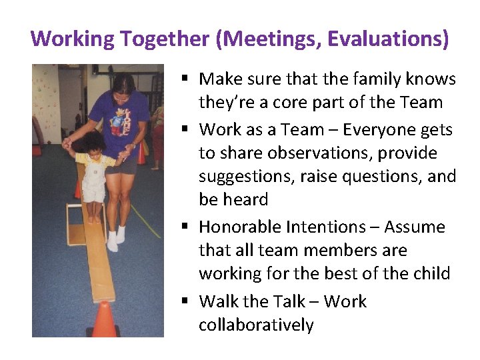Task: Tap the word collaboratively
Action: pyautogui.click(x=255, y=325)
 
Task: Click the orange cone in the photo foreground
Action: pyautogui.click(x=104, y=319)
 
